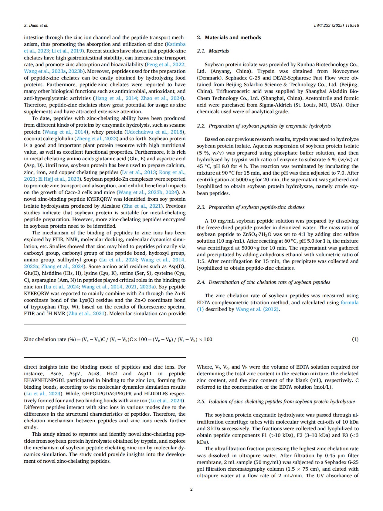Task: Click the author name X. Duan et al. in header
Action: (x=36, y=26)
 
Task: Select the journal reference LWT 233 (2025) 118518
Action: (x=336, y=26)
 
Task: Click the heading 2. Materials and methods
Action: (x=229, y=38)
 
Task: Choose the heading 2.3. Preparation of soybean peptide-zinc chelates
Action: (x=250, y=207)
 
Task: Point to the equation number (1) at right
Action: (x=355, y=339)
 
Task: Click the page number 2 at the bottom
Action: (x=191, y=489)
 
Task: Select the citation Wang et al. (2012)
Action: (x=257, y=309)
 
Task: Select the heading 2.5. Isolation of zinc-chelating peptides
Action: (x=276, y=402)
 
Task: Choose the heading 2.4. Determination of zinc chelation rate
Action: (x=263, y=282)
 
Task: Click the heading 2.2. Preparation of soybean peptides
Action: (x=264, y=126)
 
